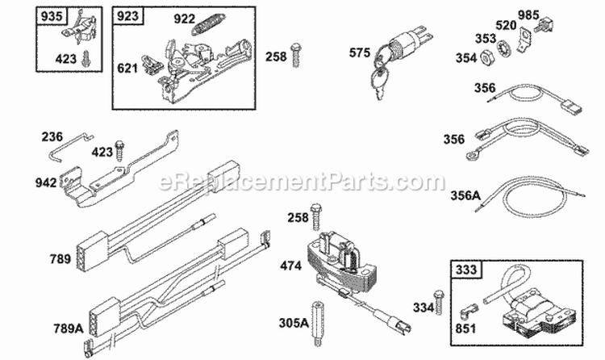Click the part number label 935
tap(51, 15)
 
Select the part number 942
tap(48, 183)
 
